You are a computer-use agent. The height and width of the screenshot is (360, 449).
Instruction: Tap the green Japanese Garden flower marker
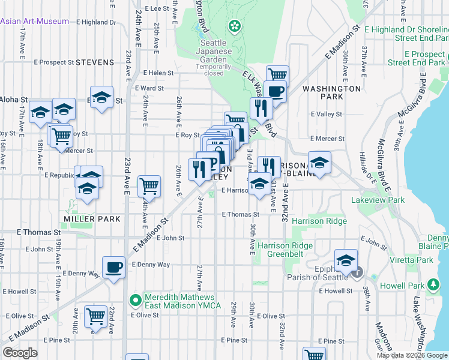pyautogui.click(x=234, y=26)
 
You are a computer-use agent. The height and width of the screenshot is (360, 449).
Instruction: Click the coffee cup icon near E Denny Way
pyautogui.click(x=113, y=267)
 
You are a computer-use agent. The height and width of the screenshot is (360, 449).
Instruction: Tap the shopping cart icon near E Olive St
pyautogui.click(x=95, y=316)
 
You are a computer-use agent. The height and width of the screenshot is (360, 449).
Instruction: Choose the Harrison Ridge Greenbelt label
pyautogui.click(x=286, y=251)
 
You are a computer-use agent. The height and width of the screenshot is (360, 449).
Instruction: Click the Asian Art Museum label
pyautogui.click(x=35, y=21)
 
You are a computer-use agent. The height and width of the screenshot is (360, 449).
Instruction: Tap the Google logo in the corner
pyautogui.click(x=20, y=353)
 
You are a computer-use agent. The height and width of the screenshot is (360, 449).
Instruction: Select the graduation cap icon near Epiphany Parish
pyautogui.click(x=346, y=260)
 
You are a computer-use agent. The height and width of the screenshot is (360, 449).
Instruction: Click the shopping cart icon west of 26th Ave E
pyautogui.click(x=149, y=186)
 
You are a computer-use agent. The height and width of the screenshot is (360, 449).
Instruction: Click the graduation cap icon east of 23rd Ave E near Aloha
pyautogui.click(x=102, y=97)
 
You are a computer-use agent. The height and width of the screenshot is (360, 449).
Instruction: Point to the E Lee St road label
pyautogui.click(x=158, y=9)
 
